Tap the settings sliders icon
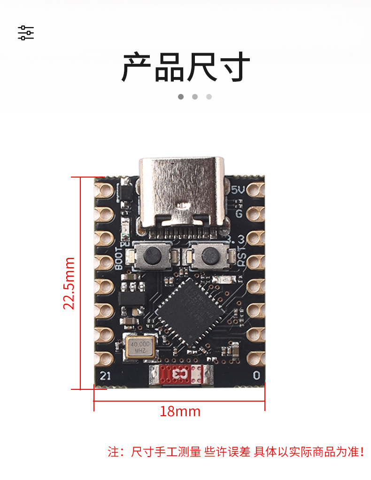click(26, 33)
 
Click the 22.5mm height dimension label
click(70, 283)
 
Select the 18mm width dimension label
click(180, 412)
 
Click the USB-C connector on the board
click(181, 193)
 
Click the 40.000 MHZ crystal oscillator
click(140, 347)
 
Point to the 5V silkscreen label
click(239, 190)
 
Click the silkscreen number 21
click(105, 375)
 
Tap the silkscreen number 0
click(256, 375)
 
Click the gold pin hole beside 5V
click(255, 189)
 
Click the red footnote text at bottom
click(236, 452)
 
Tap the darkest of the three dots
click(181, 97)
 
